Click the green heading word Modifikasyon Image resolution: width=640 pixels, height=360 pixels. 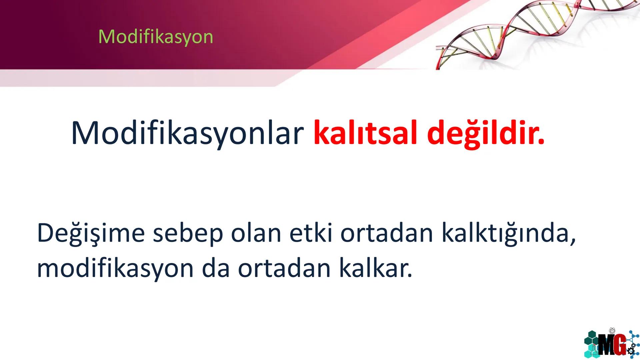coord(156,37)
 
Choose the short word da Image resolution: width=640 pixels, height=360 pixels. coord(216,268)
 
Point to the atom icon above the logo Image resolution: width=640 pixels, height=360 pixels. coord(612,331)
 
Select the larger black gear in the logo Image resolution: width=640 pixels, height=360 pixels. coord(630,351)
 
